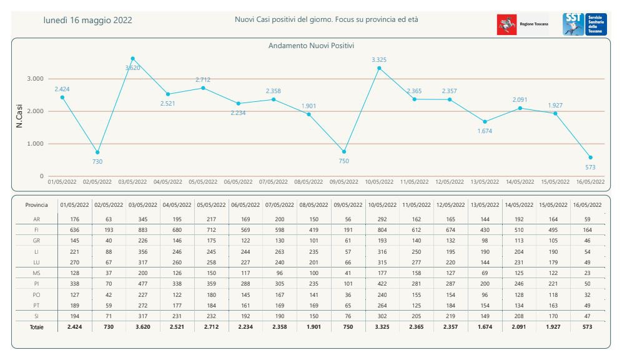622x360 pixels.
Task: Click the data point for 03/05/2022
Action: point(132,59)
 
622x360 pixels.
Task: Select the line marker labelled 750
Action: point(344,152)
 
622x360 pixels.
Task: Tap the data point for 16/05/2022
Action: point(591,157)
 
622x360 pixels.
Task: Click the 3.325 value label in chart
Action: point(379,60)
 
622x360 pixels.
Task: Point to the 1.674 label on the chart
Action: point(485,131)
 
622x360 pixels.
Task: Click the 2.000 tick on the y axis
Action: point(36,111)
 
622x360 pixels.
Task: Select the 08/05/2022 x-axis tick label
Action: point(309,182)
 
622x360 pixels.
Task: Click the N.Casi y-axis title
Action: point(19,116)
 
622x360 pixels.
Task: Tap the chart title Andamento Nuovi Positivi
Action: point(311,46)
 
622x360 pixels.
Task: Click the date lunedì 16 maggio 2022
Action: point(87,20)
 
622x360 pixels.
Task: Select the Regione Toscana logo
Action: point(523,24)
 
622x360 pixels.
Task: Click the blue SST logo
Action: point(585,24)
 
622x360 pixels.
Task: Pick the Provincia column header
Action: point(36,205)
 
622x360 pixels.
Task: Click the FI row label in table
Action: point(36,230)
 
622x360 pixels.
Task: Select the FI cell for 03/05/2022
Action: point(143,230)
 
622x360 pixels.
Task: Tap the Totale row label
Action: point(36,327)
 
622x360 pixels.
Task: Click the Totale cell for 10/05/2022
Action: point(382,327)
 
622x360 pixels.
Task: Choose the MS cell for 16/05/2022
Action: point(588,273)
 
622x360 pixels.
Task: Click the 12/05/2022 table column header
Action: point(451,205)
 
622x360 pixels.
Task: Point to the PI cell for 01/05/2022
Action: point(74,284)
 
